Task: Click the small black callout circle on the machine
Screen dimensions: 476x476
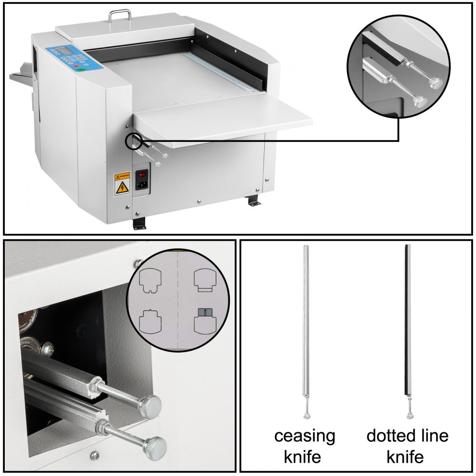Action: pyautogui.click(x=133, y=140)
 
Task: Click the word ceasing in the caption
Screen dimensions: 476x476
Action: pyautogui.click(x=305, y=436)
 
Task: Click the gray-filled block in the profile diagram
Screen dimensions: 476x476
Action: pyautogui.click(x=205, y=313)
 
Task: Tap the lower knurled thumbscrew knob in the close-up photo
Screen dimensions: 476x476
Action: pyautogui.click(x=157, y=445)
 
